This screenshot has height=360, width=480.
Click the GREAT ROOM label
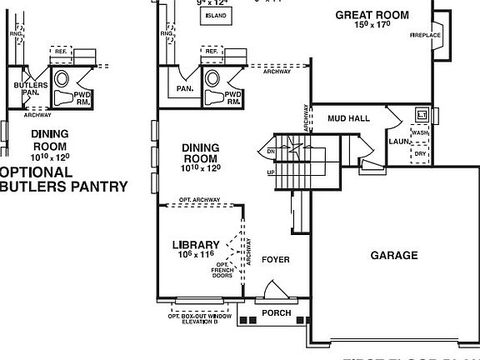tap(373, 14)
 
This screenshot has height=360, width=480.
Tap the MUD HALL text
tap(348, 118)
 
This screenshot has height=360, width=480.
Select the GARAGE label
tap(394, 255)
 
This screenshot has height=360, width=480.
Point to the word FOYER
tap(276, 260)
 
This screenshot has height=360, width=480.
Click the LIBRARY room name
tap(197, 244)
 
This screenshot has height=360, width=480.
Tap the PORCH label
tap(277, 313)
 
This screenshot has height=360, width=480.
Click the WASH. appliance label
tap(421, 132)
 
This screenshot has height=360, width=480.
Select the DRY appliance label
tap(421, 153)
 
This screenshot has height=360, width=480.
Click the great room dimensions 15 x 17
tap(373, 26)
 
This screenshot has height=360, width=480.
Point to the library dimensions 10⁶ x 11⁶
tap(197, 255)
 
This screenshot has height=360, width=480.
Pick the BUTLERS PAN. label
tap(27, 89)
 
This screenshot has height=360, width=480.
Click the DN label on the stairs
tap(271, 151)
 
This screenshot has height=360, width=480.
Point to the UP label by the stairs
tap(271, 172)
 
